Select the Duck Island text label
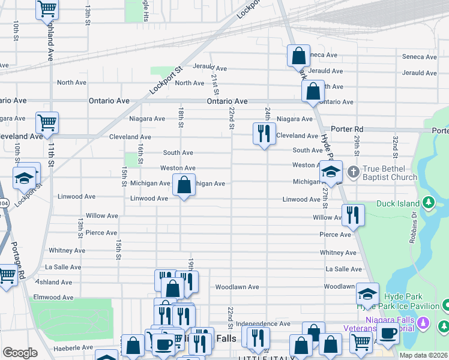[x=399, y=203]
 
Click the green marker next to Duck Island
[x=429, y=202]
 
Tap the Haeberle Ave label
[x=73, y=347]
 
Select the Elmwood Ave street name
[x=53, y=297]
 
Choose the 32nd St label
[x=396, y=143]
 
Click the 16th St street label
[x=140, y=153]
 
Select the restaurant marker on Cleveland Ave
[x=264, y=134]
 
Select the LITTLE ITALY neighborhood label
[x=266, y=358]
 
